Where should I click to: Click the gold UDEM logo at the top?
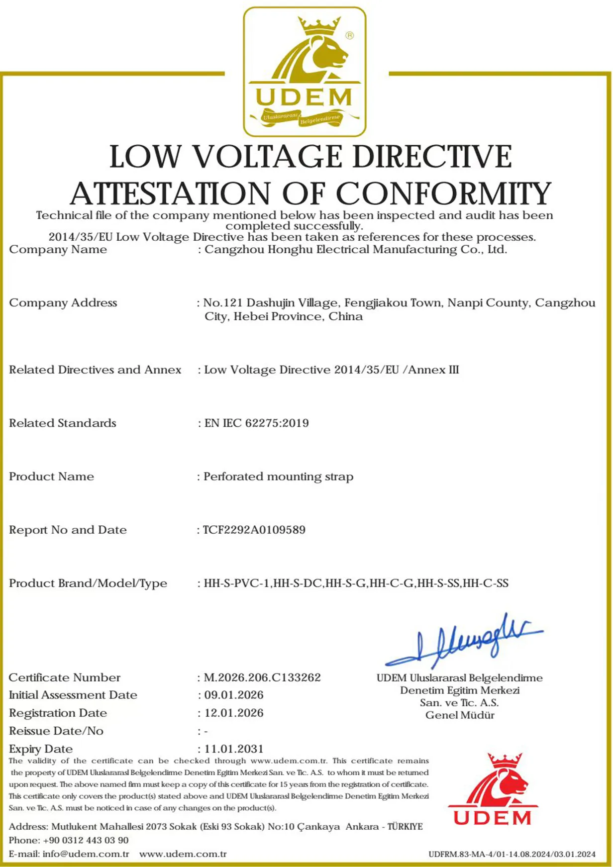[305, 72]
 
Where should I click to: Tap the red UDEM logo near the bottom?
[493, 790]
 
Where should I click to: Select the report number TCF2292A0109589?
[254, 530]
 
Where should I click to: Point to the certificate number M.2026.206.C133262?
[262, 677]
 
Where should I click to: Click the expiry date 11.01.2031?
[234, 749]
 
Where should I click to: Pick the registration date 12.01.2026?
[234, 713]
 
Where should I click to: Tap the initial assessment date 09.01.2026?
[234, 695]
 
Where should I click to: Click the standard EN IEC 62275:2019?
[257, 423]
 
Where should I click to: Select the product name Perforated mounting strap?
[279, 477]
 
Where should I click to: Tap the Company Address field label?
[63, 303]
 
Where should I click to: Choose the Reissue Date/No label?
[56, 731]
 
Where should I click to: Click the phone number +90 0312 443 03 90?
[86, 840]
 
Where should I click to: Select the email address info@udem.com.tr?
[86, 854]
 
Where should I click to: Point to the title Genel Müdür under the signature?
[460, 715]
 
